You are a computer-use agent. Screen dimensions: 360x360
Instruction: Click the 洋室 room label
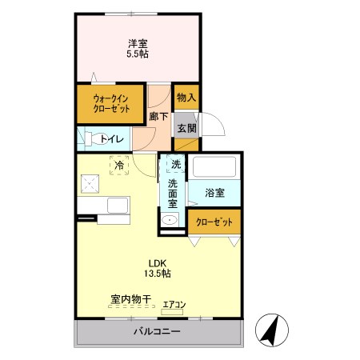coord(138,44)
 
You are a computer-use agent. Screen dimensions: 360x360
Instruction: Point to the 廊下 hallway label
coord(158,117)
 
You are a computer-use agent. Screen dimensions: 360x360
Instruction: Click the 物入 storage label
coord(186,98)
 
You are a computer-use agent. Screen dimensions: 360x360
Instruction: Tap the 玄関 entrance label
coord(186,128)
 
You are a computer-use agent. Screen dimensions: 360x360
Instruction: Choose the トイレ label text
coord(113,140)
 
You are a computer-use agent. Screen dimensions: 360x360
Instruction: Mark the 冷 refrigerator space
coord(118,166)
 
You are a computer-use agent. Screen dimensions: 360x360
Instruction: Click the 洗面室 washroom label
coord(173,193)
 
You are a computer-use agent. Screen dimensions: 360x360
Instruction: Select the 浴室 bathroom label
coord(214,193)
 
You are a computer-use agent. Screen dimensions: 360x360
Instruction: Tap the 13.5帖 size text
coord(158,274)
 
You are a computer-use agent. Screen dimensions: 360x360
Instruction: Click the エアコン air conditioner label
coord(174,304)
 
